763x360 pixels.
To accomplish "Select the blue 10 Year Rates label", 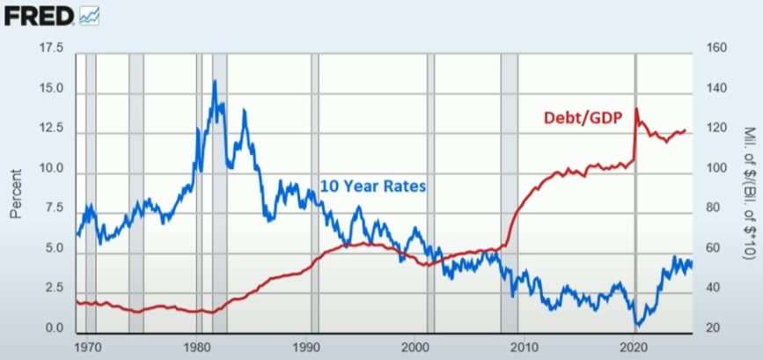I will [373, 186].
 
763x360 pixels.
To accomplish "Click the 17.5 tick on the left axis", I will [52, 48].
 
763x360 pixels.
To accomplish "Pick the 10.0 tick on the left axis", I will [52, 168].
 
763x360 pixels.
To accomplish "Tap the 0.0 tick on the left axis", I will [55, 328].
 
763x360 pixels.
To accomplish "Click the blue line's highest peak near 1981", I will [214, 82].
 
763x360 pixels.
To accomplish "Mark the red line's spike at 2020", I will [635, 109].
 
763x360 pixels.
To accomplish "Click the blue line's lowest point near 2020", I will [637, 325].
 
